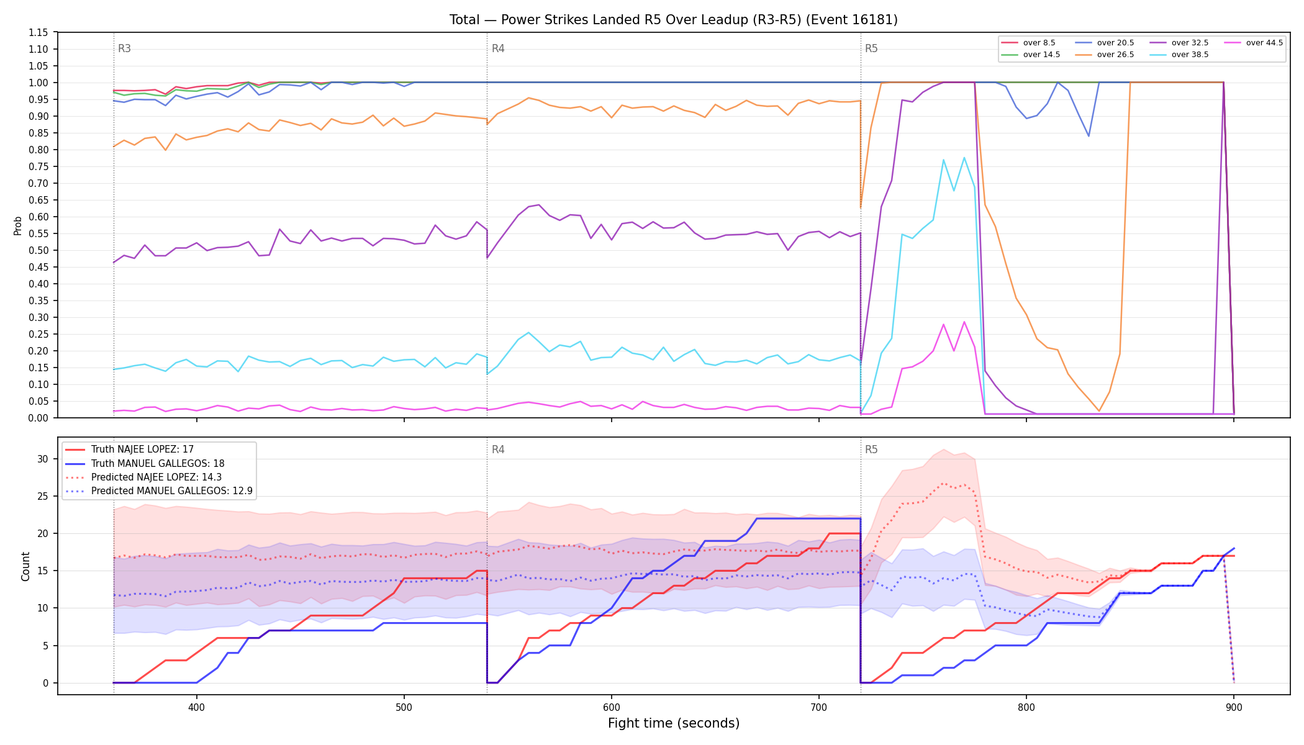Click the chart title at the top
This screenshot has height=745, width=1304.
coord(674,20)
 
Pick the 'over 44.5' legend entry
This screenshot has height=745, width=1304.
coord(1253,43)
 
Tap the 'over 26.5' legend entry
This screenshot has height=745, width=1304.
coord(1105,55)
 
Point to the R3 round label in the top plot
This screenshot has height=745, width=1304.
coord(124,48)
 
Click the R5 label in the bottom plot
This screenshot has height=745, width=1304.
coord(871,449)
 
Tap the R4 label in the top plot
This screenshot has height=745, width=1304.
coord(498,48)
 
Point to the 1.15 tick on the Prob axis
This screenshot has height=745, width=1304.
coord(38,32)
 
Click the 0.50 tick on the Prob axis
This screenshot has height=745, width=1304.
coord(38,250)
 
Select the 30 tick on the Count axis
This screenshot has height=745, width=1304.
coord(43,459)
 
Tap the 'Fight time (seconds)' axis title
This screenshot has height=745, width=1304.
coord(674,723)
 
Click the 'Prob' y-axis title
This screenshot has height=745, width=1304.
coord(18,225)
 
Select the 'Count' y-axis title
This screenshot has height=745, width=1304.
coord(25,566)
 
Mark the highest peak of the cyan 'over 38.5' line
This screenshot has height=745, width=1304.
coord(964,158)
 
